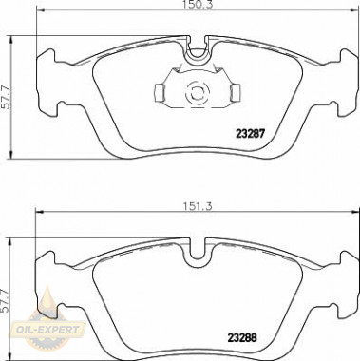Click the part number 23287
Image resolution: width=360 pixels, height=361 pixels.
pyautogui.click(x=250, y=134)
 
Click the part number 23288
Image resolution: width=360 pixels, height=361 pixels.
pyautogui.click(x=242, y=337)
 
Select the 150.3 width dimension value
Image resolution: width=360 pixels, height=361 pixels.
pyautogui.click(x=197, y=4)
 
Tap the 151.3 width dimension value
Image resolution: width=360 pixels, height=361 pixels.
pyautogui.click(x=197, y=207)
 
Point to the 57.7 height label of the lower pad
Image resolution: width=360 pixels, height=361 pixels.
pyautogui.click(x=5, y=301)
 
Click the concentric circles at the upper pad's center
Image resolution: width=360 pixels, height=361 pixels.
pyautogui.click(x=198, y=94)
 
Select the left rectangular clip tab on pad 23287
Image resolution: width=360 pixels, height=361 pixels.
pyautogui.click(x=160, y=93)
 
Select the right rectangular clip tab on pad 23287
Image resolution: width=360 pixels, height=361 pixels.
pyautogui.click(x=236, y=93)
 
